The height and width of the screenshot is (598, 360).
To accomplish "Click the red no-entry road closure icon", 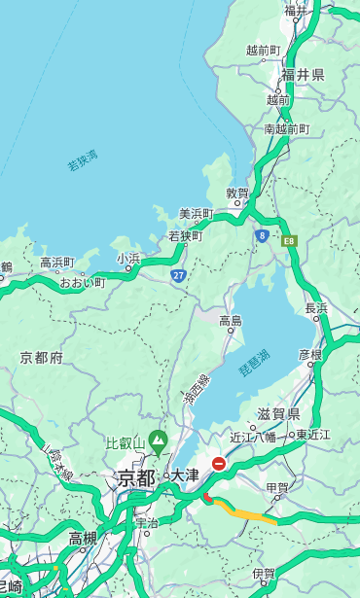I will coord(219,465).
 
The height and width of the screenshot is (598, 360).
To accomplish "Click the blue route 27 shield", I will coord(178,275).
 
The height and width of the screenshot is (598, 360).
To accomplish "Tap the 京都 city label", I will coord(136,477).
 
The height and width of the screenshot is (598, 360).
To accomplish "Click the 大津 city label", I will coord(184,476).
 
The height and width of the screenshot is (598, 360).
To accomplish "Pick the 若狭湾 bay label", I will coord(83,160).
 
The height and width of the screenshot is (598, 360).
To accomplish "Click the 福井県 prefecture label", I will coord(303,75).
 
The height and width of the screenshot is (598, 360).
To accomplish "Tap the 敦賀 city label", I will coord(237,193).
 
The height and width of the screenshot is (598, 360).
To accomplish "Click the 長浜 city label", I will coord(316,308).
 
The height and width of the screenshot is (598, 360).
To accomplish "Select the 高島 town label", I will coord(230,320).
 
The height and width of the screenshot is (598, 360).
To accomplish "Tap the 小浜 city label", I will coord(128,258).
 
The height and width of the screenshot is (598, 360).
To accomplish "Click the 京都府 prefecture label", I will coord(42,358).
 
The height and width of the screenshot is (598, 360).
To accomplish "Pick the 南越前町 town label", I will coord(286,128).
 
